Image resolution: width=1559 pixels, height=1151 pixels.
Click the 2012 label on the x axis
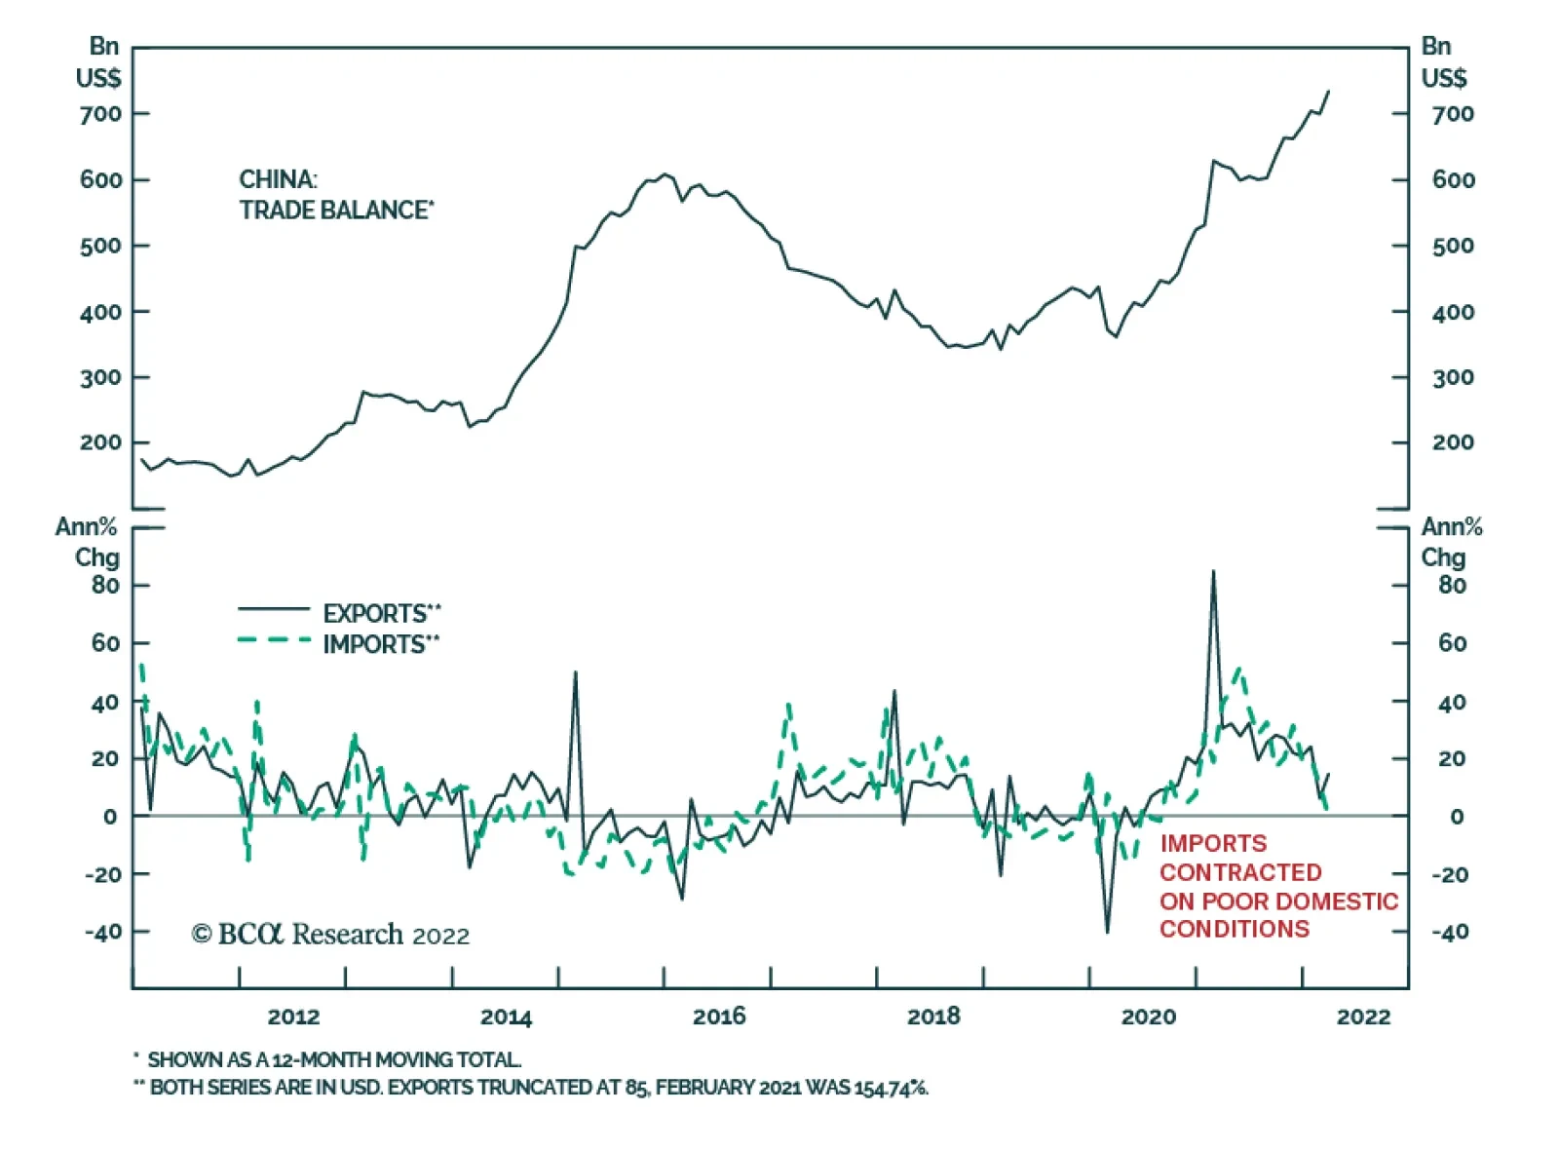coord(293,1017)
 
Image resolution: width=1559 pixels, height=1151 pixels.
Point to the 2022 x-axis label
coord(1363,1017)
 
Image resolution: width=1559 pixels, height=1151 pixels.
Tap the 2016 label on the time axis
coord(719,1017)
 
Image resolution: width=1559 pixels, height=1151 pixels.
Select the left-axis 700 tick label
coord(101,114)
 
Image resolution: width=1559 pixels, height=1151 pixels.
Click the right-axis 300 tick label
coord(1453,378)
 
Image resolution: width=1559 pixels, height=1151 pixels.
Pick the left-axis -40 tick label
coord(103,933)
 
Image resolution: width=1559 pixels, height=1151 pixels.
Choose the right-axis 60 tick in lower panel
coord(1452,643)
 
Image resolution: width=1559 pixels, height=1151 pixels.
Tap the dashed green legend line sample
coord(274,641)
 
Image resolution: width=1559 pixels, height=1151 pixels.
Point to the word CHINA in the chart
coord(278,180)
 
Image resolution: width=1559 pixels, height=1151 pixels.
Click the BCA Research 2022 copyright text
coord(330,935)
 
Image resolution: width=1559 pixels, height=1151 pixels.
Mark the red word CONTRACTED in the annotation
coord(1240,872)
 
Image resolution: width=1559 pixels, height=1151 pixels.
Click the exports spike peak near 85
coord(1213,572)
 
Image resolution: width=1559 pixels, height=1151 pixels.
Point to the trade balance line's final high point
coord(1328,92)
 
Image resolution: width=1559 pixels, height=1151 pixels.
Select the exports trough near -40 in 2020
coord(1107,932)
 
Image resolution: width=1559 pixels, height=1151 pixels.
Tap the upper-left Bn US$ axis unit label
coord(99,62)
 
